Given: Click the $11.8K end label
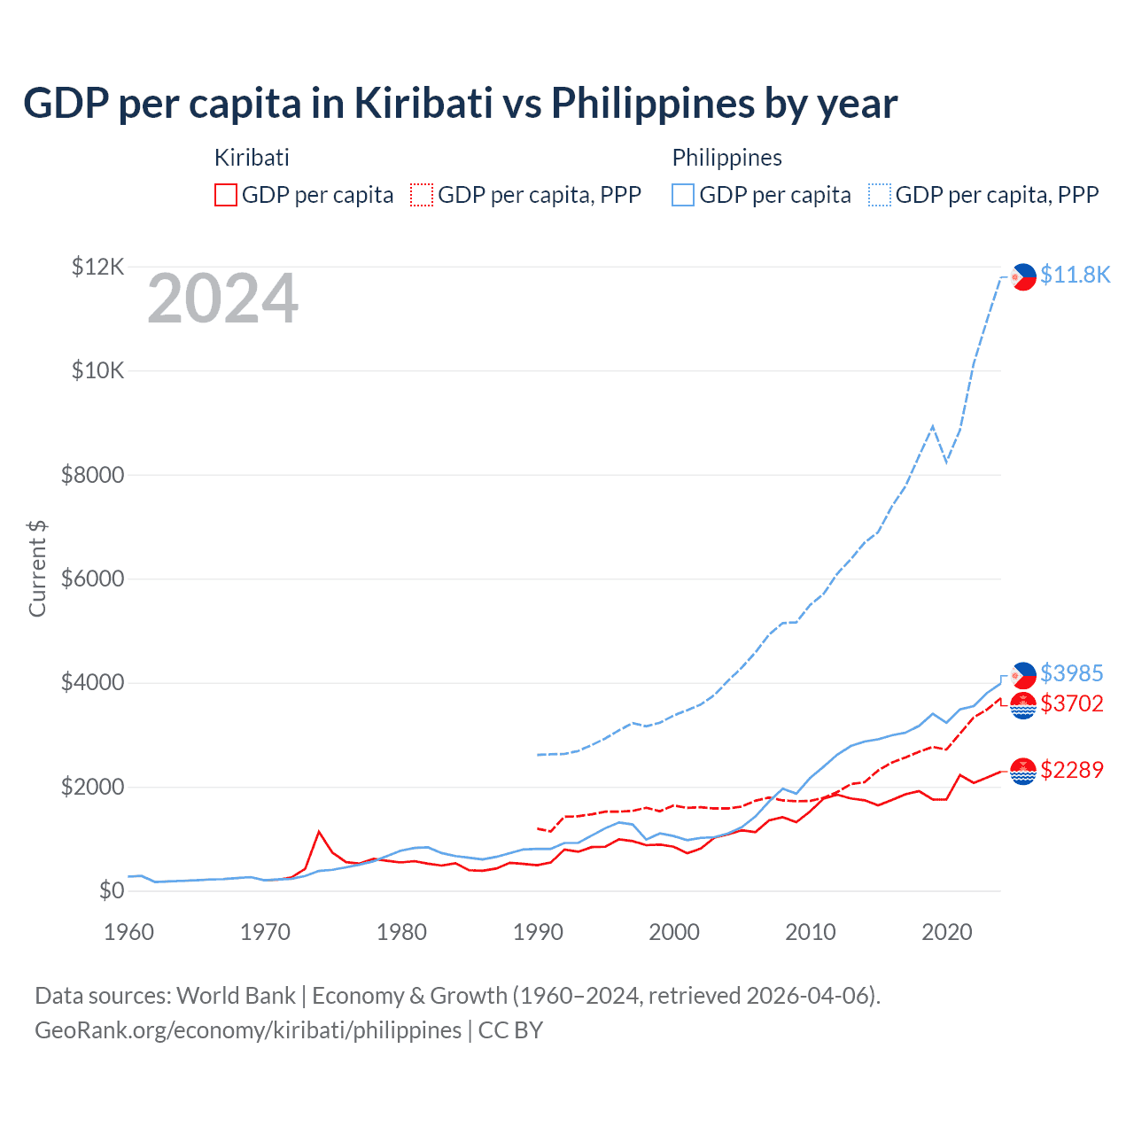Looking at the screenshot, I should tap(1075, 275).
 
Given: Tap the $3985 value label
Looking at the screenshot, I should tap(1071, 673).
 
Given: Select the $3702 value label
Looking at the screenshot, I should tap(1071, 703).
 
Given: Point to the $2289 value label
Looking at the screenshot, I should tap(1071, 769).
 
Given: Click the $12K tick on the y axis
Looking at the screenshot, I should tap(98, 267).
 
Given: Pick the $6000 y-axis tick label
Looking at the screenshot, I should tap(92, 579).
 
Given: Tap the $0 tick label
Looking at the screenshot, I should tap(112, 890).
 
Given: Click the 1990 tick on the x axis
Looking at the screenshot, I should tap(538, 932).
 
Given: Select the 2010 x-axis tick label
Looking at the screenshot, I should tap(811, 932).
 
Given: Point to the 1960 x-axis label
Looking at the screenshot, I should tap(129, 932).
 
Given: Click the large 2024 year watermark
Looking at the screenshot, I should tap(222, 299).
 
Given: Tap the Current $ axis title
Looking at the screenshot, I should tap(37, 569).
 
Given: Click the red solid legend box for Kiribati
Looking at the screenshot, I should tap(226, 195).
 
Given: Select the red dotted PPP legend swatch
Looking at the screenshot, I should tap(423, 195).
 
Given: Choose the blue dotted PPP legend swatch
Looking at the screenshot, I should tap(880, 195).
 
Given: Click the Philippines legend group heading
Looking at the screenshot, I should tap(726, 158).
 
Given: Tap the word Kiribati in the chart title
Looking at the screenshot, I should tap(423, 103).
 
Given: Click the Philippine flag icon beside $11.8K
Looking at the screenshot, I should tap(1023, 276).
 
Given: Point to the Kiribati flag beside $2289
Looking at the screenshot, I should tap(1023, 772).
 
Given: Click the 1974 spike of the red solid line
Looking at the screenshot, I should tap(319, 832).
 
